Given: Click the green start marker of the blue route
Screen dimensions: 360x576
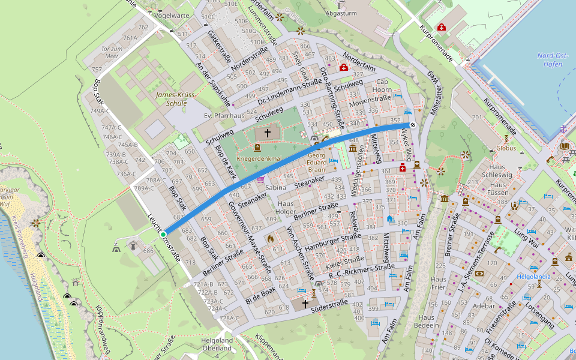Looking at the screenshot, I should point(163,234).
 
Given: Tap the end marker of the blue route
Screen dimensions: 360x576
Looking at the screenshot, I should point(413,125).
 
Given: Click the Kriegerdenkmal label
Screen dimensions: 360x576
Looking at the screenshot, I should point(260,158).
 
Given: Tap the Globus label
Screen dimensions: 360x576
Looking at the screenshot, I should point(506,148).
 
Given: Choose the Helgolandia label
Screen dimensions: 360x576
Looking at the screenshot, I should point(533,277).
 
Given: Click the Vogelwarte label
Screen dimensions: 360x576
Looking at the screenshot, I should point(172,16).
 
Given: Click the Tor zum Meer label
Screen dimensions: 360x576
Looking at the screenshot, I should point(112,52).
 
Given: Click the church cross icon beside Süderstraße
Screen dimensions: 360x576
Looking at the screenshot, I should point(305,304).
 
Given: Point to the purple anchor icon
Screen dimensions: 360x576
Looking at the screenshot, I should point(563,129).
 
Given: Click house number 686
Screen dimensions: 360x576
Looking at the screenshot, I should point(148,251).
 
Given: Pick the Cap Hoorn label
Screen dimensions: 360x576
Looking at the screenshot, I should point(383,86).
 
